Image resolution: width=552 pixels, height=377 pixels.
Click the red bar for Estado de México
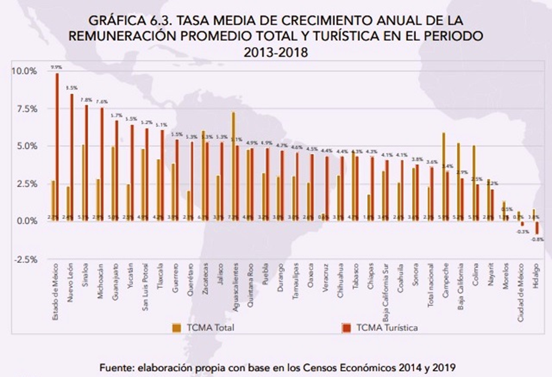click(57, 147)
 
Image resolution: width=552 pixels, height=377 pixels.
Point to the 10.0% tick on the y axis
click(24, 71)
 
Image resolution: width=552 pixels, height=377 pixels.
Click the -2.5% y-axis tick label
click(24, 259)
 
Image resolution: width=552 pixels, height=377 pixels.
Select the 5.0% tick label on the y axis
click(25, 146)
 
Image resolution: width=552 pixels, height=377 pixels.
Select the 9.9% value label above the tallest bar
click(57, 68)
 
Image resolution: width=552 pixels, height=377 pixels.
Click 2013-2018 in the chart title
click(276, 52)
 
